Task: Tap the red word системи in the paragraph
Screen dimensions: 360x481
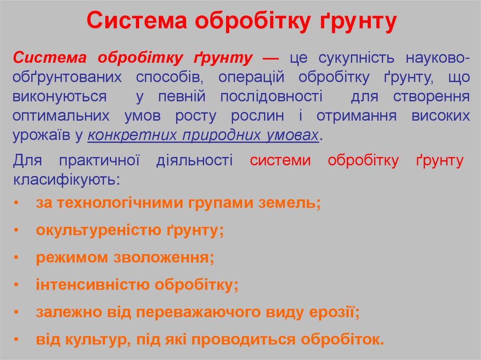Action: tap(280, 161)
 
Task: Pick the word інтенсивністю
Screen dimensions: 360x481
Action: tap(93, 285)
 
